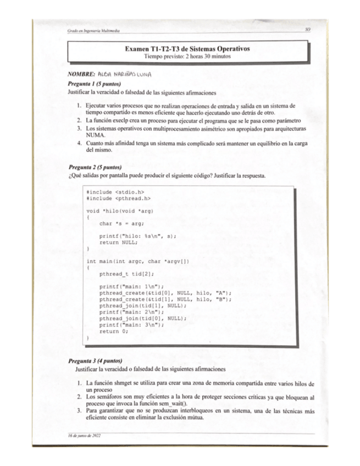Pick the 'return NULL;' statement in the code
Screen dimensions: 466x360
coord(118,242)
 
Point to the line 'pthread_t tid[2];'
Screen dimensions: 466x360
coord(126,273)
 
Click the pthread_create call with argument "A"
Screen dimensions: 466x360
coord(165,293)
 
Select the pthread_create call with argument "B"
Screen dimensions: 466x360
coord(165,299)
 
